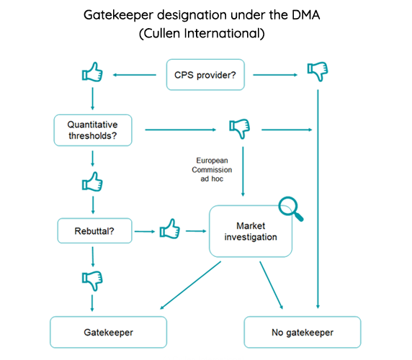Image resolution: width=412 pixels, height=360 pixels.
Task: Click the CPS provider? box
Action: (x=204, y=73)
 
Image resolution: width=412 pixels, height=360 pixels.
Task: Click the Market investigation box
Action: (x=251, y=231)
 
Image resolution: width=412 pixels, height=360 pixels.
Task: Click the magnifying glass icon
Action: (x=292, y=208)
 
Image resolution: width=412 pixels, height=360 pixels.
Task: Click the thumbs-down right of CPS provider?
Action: (x=317, y=71)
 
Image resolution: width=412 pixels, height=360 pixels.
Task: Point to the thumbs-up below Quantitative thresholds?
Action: (x=92, y=182)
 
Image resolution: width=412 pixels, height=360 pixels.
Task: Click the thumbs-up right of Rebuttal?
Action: (x=168, y=230)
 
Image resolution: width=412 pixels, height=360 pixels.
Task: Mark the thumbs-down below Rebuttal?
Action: (x=92, y=279)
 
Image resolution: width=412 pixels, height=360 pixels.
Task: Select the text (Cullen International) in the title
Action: (x=204, y=34)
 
